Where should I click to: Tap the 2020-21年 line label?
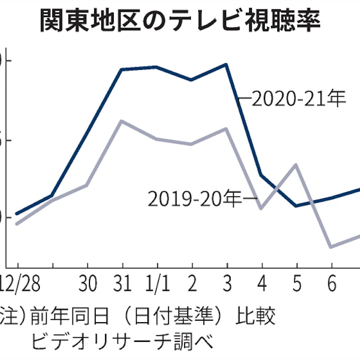click(x=298, y=98)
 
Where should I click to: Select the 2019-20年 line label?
click(x=195, y=199)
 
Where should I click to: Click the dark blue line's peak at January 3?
click(x=226, y=65)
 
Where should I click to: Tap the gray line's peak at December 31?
click(x=121, y=121)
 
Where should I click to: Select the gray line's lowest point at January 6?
click(x=331, y=247)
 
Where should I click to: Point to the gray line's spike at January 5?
click(x=296, y=165)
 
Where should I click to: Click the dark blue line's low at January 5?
click(x=296, y=205)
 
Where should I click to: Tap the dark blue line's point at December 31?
click(x=121, y=69)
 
